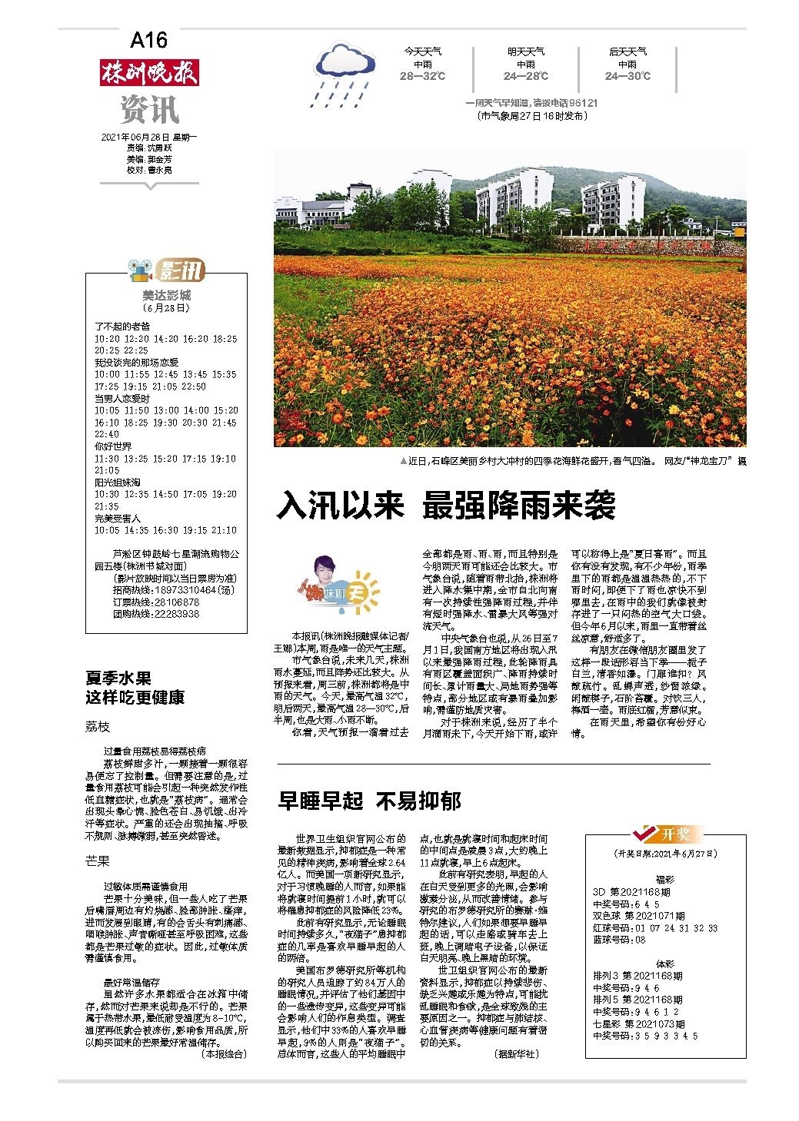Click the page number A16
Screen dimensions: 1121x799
pos(148,39)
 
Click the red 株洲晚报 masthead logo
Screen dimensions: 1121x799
pos(149,72)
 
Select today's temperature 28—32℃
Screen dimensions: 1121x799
pos(422,77)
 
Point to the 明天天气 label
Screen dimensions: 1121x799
pos(525,51)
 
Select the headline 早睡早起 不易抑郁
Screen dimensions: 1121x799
pos(369,801)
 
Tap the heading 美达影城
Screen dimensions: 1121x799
pos(166,295)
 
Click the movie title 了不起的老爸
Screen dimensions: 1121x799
pos(122,327)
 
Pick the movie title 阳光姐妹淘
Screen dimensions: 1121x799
pos(118,483)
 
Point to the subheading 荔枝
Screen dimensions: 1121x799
pos(98,727)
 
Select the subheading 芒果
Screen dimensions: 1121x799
pos(98,862)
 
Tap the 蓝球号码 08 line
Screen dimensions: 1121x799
pos(620,940)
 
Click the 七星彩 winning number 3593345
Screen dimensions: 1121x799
pos(645,1036)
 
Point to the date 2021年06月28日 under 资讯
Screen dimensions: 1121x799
pos(149,137)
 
